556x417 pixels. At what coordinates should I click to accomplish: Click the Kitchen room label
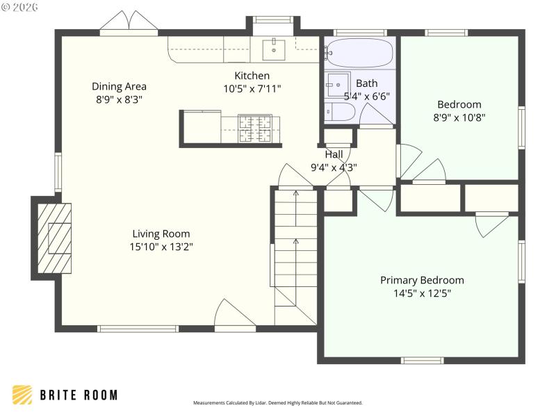point(252,76)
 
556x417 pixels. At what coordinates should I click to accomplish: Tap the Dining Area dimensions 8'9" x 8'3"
point(119,99)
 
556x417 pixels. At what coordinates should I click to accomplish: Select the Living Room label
point(159,234)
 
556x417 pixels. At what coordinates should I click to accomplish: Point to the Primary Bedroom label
point(422,280)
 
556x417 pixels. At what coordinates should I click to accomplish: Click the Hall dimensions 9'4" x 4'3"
point(334,167)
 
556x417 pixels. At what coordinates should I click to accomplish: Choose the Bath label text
point(366,83)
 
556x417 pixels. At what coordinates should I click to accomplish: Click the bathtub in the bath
point(360,52)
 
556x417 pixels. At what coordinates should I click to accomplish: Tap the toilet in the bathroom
point(340,111)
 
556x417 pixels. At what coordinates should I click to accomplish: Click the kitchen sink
point(274,49)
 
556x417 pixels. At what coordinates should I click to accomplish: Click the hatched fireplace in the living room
point(54,237)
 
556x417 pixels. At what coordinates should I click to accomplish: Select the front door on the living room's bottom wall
point(235,316)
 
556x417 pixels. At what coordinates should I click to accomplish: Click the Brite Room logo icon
point(22,395)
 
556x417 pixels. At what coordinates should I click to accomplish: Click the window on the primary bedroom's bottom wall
point(422,360)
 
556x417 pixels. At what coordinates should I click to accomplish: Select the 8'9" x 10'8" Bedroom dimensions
point(459,117)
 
